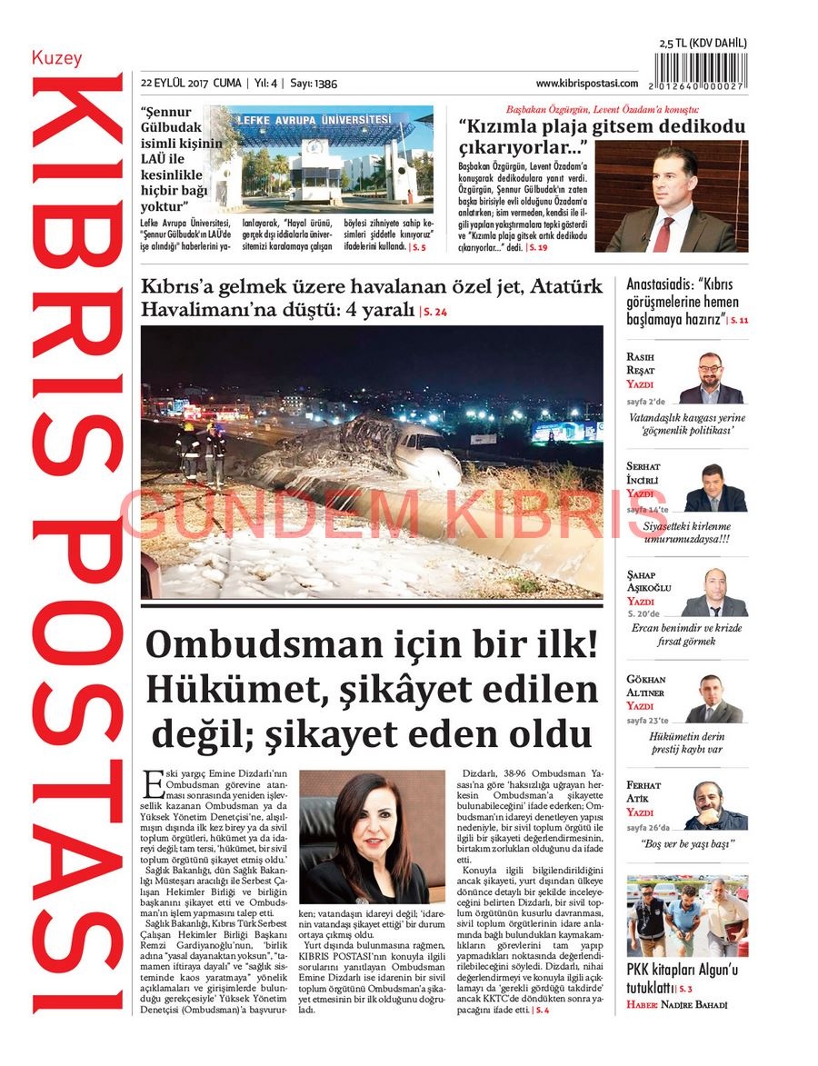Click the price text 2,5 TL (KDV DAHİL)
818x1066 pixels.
tap(703, 43)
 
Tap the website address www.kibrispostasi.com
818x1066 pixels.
tap(586, 84)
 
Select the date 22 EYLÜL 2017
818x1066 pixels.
tap(175, 84)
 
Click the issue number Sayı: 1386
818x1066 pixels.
tap(314, 84)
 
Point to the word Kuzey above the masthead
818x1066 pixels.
tap(57, 58)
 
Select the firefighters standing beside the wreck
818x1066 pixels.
tap(202, 450)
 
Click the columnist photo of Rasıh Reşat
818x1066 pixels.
tap(711, 378)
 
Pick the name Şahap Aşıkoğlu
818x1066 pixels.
tap(648, 581)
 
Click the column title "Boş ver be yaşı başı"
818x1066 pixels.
tap(688, 843)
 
